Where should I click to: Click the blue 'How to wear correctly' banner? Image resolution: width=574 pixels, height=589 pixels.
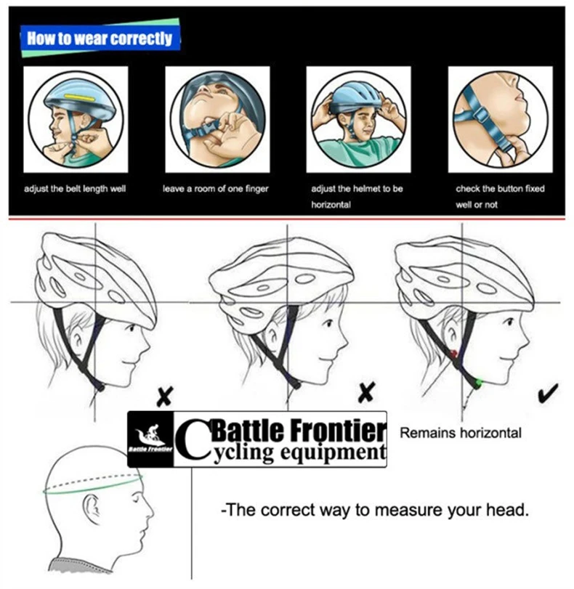100,38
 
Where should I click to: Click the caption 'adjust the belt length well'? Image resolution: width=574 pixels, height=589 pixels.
75,189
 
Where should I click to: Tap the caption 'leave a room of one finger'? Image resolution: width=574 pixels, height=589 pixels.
216,189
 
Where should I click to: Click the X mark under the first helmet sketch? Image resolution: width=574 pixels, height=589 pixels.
166,397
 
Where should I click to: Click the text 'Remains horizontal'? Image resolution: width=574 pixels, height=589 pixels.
461,434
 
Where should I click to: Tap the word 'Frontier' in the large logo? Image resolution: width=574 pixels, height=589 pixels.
336,431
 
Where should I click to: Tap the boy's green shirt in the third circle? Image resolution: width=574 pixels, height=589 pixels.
358,149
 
